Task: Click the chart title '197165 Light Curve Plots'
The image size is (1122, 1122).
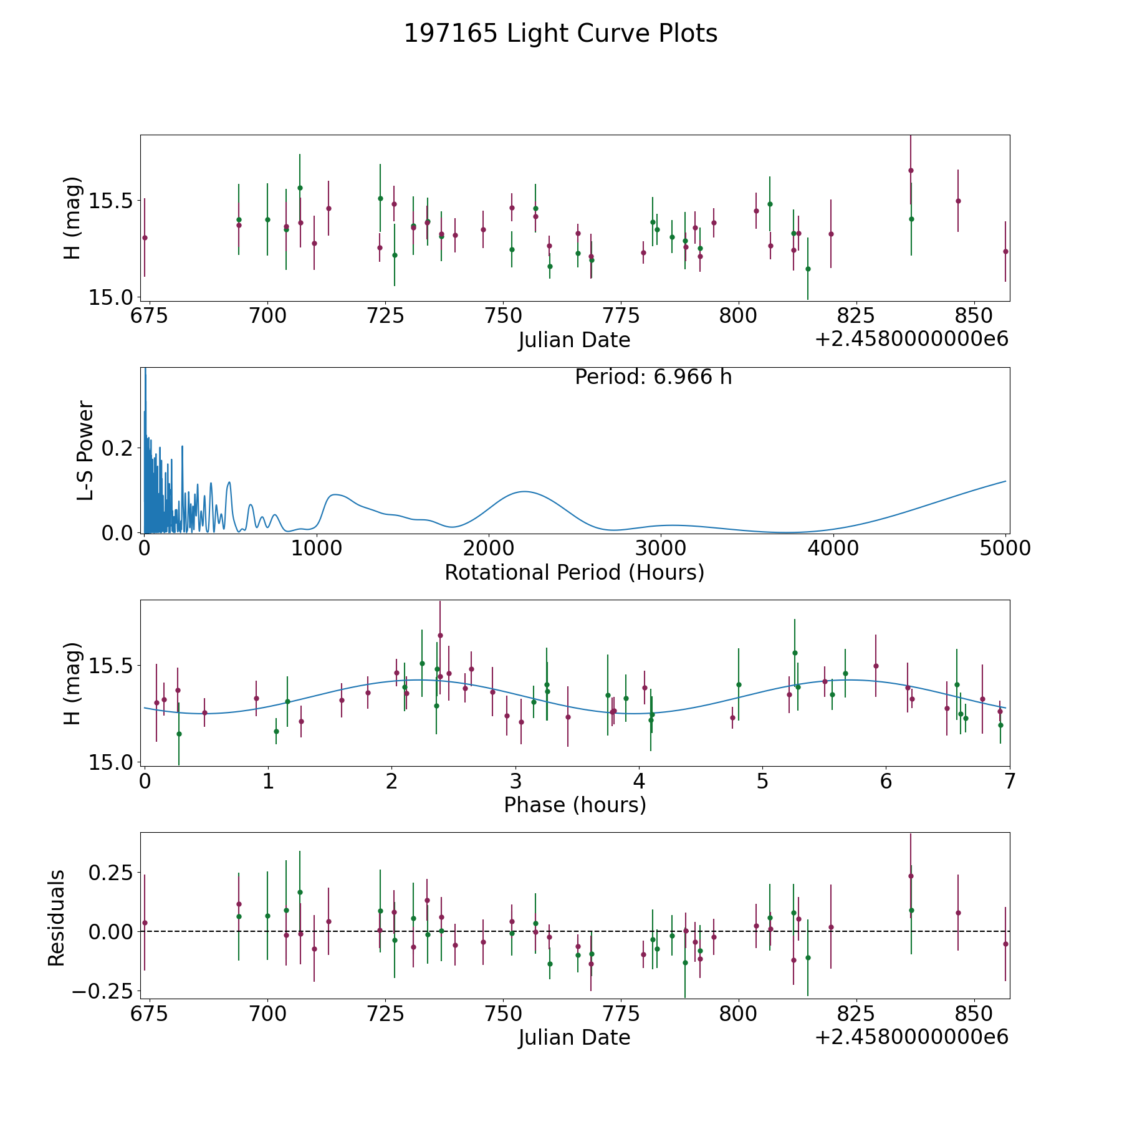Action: click(x=560, y=34)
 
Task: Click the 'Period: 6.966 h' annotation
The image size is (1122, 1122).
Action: click(x=653, y=377)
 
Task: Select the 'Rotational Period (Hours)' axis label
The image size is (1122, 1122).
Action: click(x=574, y=572)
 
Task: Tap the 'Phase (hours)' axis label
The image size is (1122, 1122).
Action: click(x=574, y=805)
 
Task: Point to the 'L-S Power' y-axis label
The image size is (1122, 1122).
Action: click(x=85, y=451)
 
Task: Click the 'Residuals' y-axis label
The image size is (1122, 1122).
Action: click(x=57, y=918)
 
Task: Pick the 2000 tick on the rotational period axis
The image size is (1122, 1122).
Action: click(x=489, y=549)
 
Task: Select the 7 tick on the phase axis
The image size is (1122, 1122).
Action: click(x=1009, y=781)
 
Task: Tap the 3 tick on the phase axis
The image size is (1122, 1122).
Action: click(x=515, y=781)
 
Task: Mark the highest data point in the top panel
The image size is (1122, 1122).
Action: click(x=910, y=170)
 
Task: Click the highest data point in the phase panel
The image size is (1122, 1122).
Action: click(x=440, y=635)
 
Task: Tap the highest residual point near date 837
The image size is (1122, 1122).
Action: click(x=910, y=876)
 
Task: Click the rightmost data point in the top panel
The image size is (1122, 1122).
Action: click(x=1005, y=251)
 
